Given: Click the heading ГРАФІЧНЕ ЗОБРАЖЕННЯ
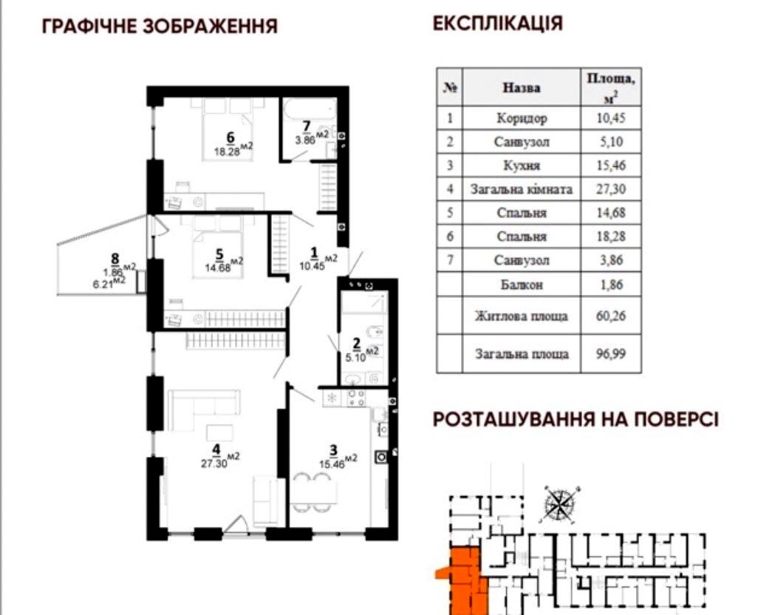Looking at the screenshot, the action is (x=160, y=26).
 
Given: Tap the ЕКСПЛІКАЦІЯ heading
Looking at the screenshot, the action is (x=498, y=23).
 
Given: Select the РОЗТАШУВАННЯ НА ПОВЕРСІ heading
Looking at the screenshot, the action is (x=576, y=419).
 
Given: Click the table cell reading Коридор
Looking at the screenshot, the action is (x=522, y=118).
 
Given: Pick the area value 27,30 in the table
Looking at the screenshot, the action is (x=611, y=188).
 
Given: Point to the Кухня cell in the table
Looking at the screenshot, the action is (x=522, y=166).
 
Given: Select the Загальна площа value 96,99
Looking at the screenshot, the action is (x=611, y=354).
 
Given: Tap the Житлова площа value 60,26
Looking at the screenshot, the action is (x=611, y=316).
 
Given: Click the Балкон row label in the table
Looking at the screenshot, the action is (x=522, y=285).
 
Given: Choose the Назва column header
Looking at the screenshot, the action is (x=522, y=87).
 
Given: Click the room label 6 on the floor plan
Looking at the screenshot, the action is (x=231, y=137).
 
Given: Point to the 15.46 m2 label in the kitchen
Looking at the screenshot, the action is (x=338, y=462).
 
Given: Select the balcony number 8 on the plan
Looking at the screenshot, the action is (x=115, y=259).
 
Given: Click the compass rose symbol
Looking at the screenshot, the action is (x=559, y=506).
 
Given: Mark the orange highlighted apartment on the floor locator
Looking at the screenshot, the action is (x=463, y=580).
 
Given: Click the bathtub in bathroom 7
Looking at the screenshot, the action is (x=310, y=111).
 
